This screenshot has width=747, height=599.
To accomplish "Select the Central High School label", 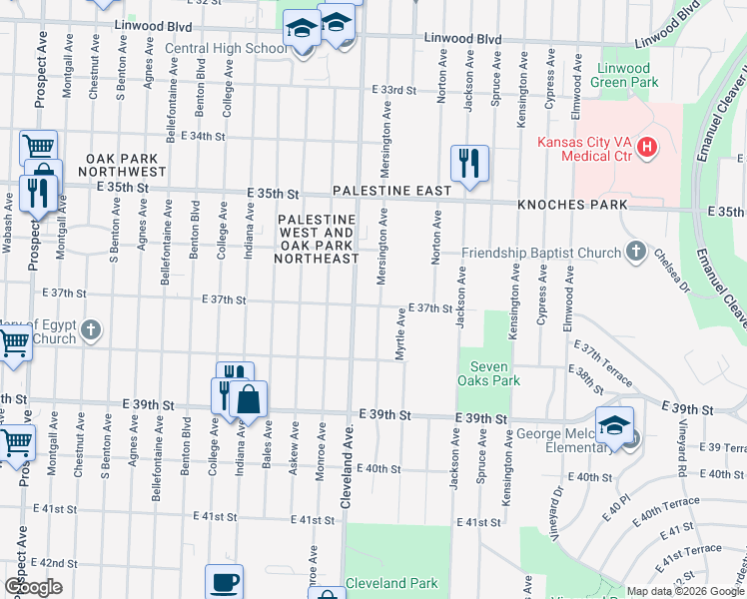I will click(x=225, y=47).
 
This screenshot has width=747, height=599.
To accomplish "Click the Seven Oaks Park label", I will click(x=489, y=373).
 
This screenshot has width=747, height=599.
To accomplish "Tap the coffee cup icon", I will click(x=224, y=580).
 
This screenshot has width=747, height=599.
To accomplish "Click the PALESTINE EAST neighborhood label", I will click(x=392, y=189).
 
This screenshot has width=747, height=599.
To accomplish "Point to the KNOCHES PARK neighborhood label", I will click(x=572, y=205).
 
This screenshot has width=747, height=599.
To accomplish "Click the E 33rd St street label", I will click(x=392, y=90).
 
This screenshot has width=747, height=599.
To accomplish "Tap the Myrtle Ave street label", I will click(x=399, y=334).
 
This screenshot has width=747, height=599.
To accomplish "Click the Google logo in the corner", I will click(x=33, y=587).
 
